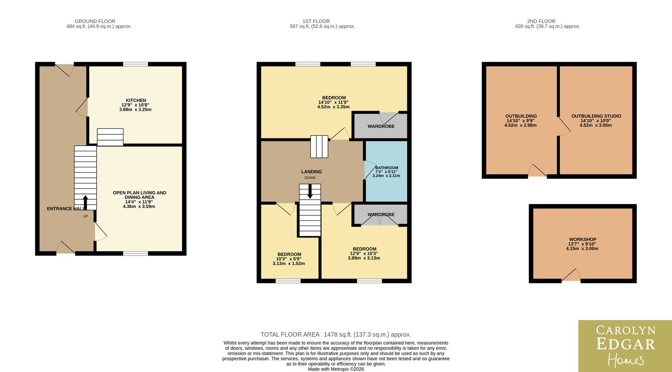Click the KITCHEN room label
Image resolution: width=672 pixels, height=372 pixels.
point(136,100)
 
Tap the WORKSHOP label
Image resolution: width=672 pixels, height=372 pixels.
point(582,239)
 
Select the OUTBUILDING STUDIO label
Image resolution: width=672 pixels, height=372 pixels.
point(596,116)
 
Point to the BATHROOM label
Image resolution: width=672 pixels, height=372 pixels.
point(387,168)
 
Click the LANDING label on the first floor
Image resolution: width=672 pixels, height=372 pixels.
point(311,172)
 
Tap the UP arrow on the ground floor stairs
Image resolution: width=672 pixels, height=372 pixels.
point(85,203)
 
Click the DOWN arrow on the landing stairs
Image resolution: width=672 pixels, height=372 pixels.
point(310,191)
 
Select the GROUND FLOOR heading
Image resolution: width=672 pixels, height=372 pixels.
point(95,21)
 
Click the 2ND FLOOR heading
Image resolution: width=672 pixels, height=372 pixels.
point(541,21)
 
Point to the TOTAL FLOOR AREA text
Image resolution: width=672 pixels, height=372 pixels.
point(336,334)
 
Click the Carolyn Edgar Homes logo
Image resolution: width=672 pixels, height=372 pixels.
point(625,346)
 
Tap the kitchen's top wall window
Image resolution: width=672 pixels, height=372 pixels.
point(136,64)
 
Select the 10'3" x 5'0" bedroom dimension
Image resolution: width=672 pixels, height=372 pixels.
point(289,259)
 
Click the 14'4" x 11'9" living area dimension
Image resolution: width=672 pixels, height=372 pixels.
point(139,202)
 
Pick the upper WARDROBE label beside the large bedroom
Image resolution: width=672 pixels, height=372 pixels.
point(381,127)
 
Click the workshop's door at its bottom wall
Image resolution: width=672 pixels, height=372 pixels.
point(571,275)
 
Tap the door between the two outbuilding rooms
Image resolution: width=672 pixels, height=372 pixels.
point(564,126)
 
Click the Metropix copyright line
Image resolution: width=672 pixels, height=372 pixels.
point(336,369)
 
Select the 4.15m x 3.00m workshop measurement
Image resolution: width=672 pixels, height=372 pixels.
point(582,248)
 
